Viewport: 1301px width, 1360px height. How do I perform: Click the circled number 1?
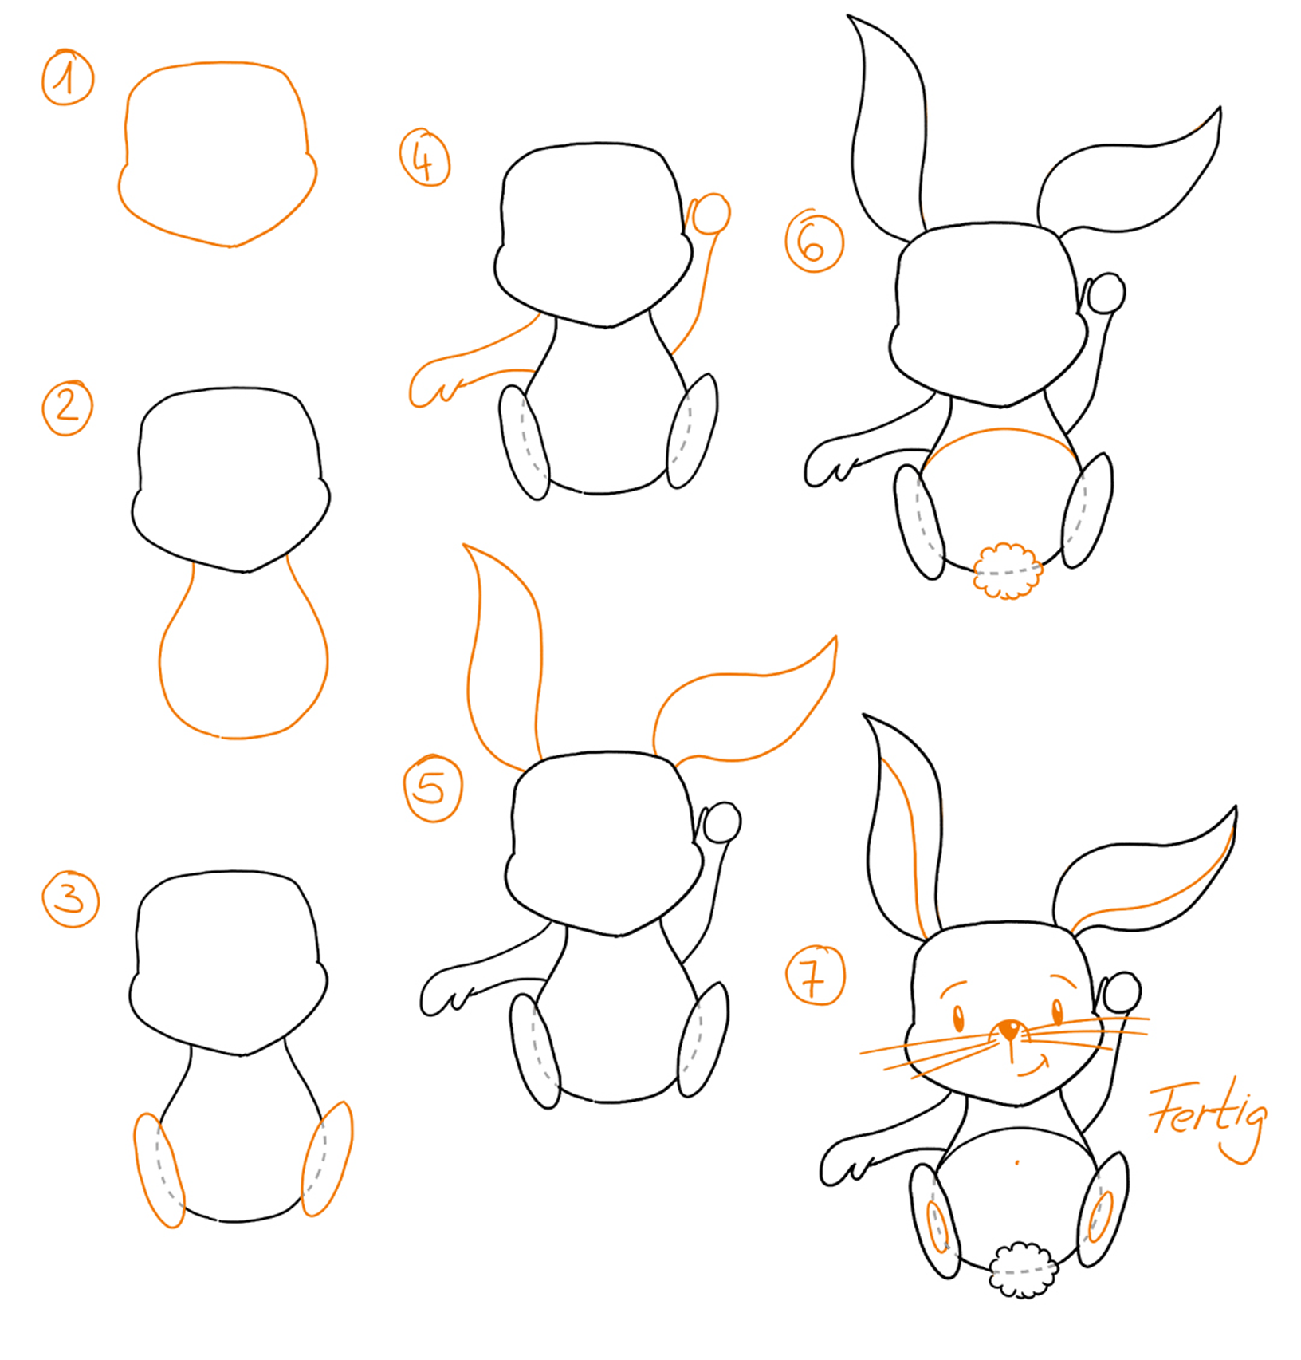click(x=68, y=77)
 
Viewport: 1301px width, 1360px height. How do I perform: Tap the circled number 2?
click(x=68, y=408)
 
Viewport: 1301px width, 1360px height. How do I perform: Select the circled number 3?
click(x=71, y=899)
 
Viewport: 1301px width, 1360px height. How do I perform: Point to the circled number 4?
click(x=425, y=157)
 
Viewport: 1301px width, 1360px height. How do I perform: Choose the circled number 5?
click(x=434, y=788)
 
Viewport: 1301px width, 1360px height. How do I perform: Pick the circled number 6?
click(x=814, y=241)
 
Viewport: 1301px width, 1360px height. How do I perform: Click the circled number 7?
click(x=816, y=975)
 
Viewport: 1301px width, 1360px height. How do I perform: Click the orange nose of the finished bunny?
click(x=1011, y=1029)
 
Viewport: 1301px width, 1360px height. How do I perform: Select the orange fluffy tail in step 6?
click(x=1008, y=570)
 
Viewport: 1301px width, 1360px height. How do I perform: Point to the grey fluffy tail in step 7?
click(x=1023, y=1270)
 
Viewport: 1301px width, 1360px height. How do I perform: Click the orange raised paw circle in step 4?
click(x=709, y=214)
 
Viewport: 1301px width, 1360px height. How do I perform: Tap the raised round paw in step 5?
click(x=721, y=823)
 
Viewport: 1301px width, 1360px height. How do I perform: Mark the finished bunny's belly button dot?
click(x=1017, y=1162)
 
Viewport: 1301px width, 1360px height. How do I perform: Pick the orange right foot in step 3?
click(x=327, y=1159)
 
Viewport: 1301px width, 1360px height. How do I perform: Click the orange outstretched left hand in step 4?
click(x=435, y=383)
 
